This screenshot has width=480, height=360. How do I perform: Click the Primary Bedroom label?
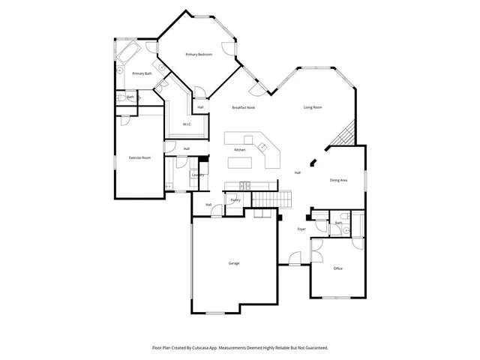(x=199, y=55)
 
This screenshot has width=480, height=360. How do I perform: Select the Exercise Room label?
(x=140, y=157)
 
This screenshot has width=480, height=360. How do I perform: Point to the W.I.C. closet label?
(x=187, y=124)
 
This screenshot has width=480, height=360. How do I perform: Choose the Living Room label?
(x=313, y=107)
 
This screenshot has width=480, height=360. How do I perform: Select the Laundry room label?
(x=198, y=175)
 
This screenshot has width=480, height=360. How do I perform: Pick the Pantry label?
(x=235, y=199)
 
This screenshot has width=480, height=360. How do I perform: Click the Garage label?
(x=234, y=263)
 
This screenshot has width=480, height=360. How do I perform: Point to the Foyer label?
(x=301, y=229)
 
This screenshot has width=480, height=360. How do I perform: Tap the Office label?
(x=338, y=268)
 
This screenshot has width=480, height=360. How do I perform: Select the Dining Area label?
(x=338, y=180)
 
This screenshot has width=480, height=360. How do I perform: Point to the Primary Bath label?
(x=142, y=73)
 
